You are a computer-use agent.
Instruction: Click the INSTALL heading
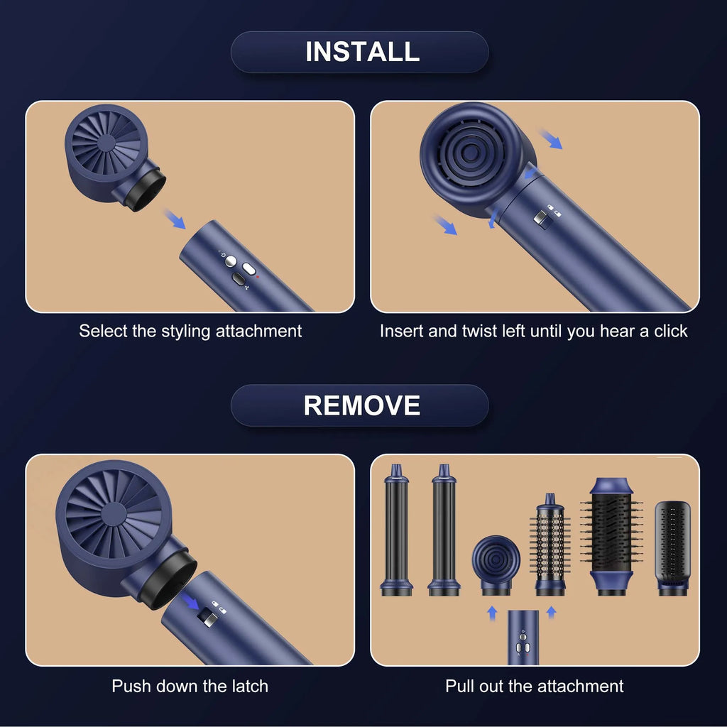(362, 52)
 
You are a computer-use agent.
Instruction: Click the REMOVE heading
(361, 405)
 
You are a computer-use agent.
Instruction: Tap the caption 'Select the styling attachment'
(190, 331)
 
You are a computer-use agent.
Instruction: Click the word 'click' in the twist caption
(669, 331)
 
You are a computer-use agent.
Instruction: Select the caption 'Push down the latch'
(190, 686)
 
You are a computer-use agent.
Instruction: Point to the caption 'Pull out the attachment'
(534, 686)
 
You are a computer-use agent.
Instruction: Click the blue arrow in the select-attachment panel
(174, 218)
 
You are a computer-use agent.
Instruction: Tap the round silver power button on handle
(231, 261)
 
